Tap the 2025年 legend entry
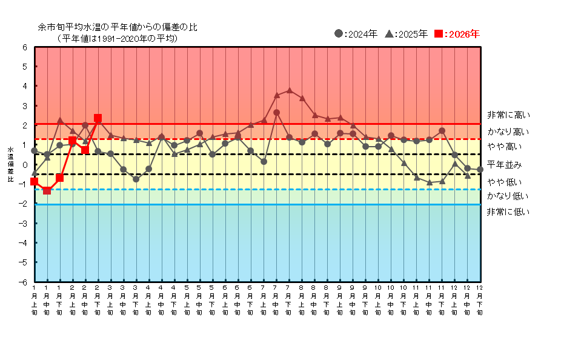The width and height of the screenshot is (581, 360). (407, 34)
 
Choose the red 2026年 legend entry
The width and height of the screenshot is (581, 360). (457, 34)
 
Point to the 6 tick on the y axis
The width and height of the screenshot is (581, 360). (25, 47)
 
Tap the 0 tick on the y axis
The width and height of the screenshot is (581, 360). (25, 165)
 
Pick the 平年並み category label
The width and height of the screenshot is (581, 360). (504, 165)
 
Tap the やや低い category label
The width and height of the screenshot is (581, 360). (504, 182)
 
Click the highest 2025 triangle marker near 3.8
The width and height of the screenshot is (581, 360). (289, 90)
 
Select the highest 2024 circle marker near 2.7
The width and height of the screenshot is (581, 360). (276, 112)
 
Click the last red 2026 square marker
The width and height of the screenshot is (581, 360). (98, 118)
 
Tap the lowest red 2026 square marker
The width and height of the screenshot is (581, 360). (47, 190)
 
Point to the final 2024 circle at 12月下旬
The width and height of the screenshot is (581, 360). (480, 170)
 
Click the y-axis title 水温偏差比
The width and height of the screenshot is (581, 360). (10, 164)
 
